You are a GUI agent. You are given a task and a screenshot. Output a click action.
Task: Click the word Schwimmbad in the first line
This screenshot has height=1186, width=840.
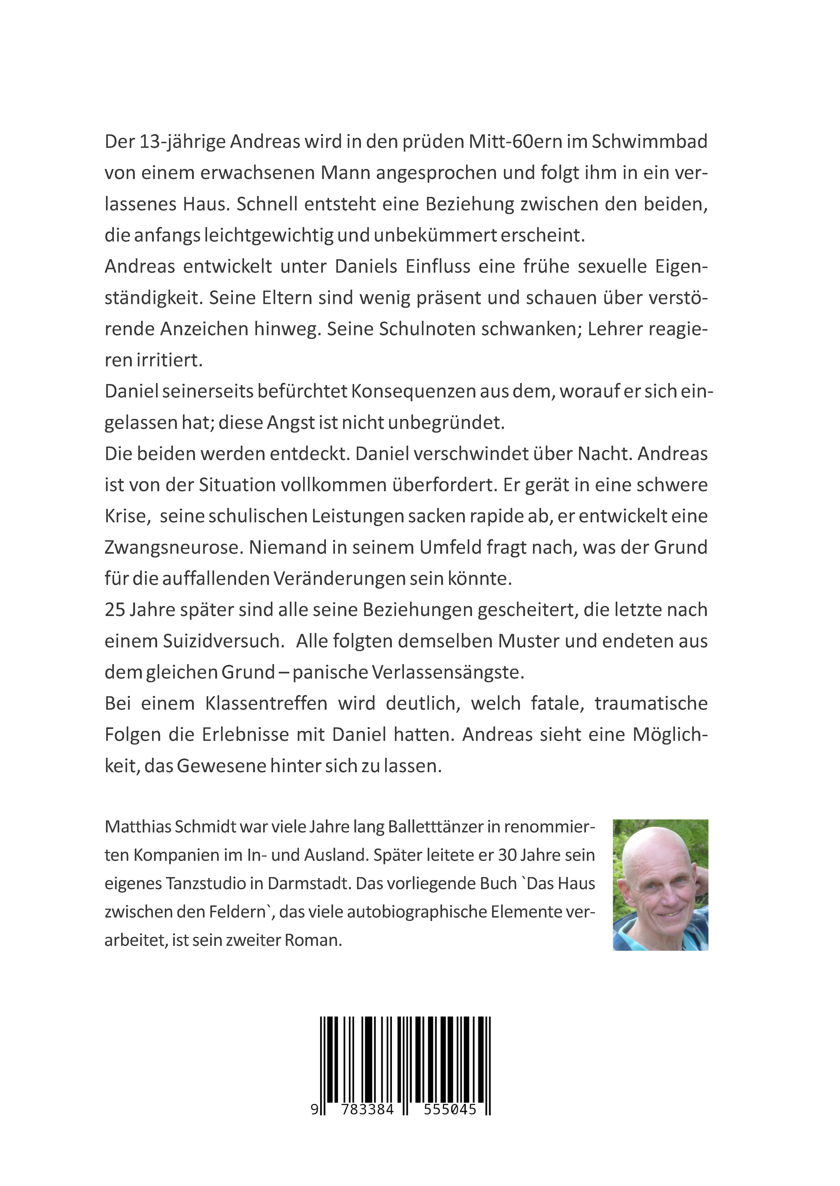point(649,142)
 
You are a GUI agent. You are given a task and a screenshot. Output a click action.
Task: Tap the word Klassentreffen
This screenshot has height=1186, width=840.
point(266,703)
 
